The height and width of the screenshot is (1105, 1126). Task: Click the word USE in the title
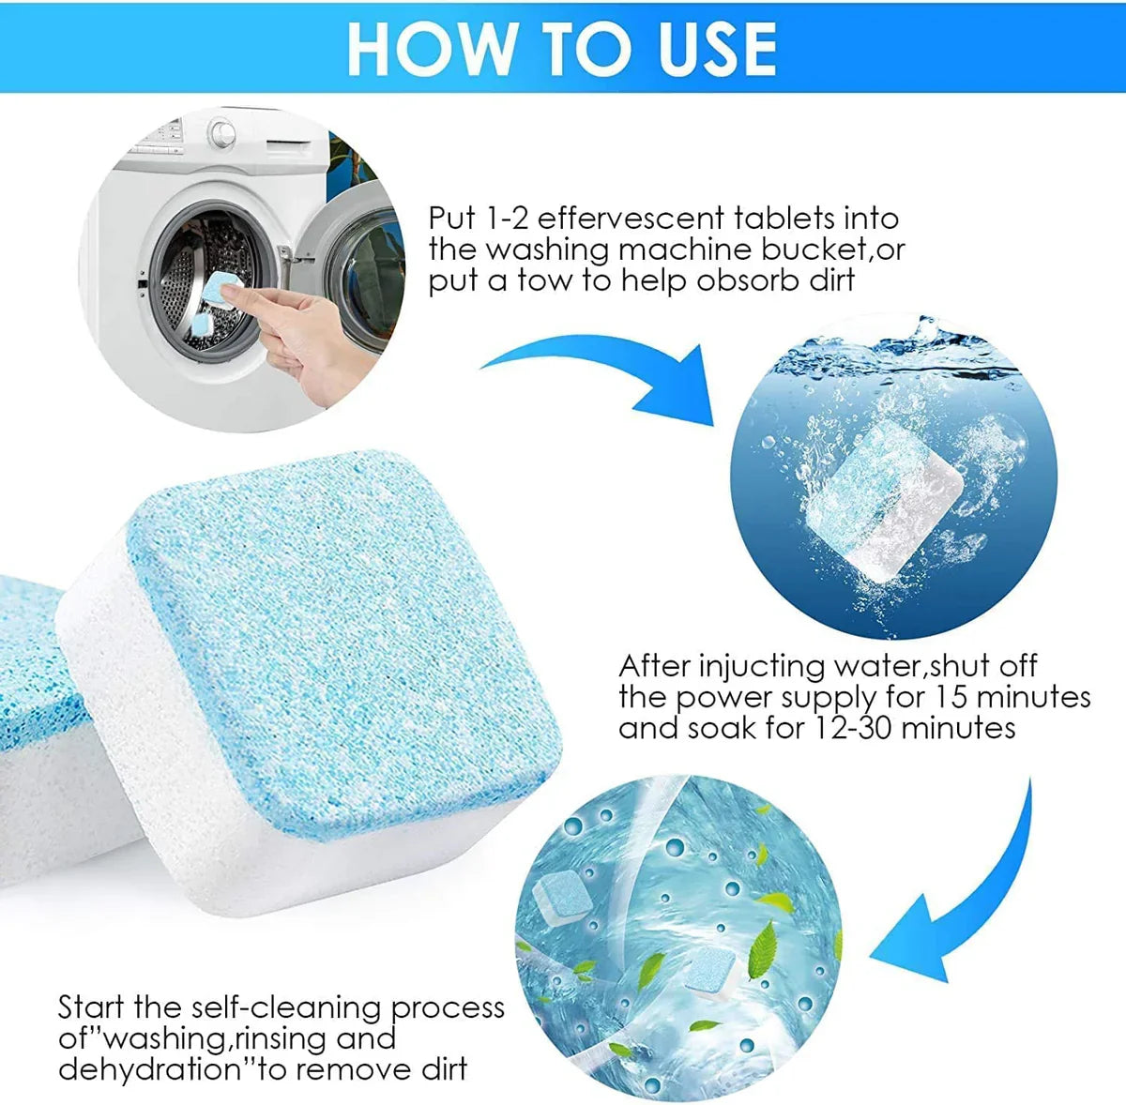718,48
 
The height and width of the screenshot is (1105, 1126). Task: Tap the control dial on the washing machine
221,131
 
